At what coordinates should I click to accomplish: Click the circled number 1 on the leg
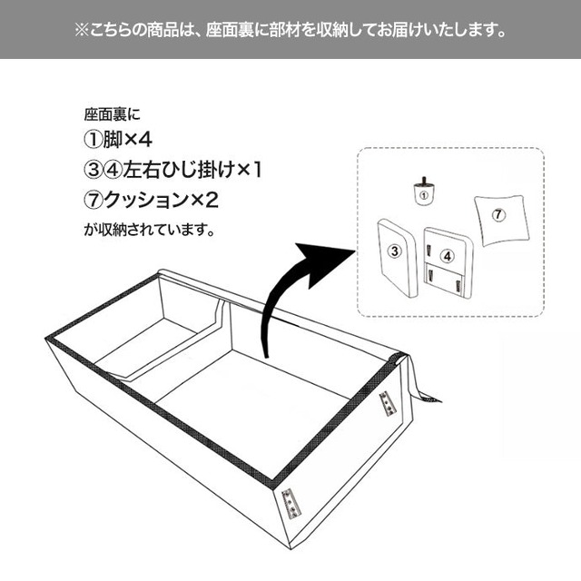click(x=424, y=195)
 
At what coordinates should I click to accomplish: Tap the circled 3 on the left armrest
click(x=395, y=251)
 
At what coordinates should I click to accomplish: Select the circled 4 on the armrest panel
click(x=448, y=256)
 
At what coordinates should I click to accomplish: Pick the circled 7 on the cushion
click(x=498, y=214)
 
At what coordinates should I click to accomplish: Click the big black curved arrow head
click(x=322, y=261)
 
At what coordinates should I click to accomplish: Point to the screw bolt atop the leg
click(x=424, y=182)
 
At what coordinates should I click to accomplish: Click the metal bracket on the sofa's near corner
click(x=290, y=503)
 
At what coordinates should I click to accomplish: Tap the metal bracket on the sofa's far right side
click(x=388, y=404)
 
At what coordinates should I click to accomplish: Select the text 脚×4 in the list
click(x=127, y=140)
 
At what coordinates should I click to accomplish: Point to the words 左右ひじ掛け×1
click(x=192, y=170)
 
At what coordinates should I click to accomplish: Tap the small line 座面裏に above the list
click(x=113, y=114)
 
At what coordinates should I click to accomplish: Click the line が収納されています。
click(x=149, y=230)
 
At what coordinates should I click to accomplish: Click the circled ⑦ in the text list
click(x=94, y=201)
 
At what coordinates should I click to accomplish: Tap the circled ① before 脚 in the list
click(x=94, y=140)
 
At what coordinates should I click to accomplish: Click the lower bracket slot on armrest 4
click(x=430, y=276)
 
